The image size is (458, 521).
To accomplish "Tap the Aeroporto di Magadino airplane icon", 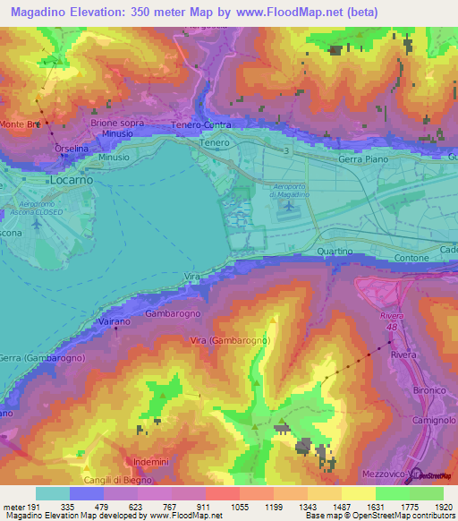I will pyautogui.click(x=288, y=208).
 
